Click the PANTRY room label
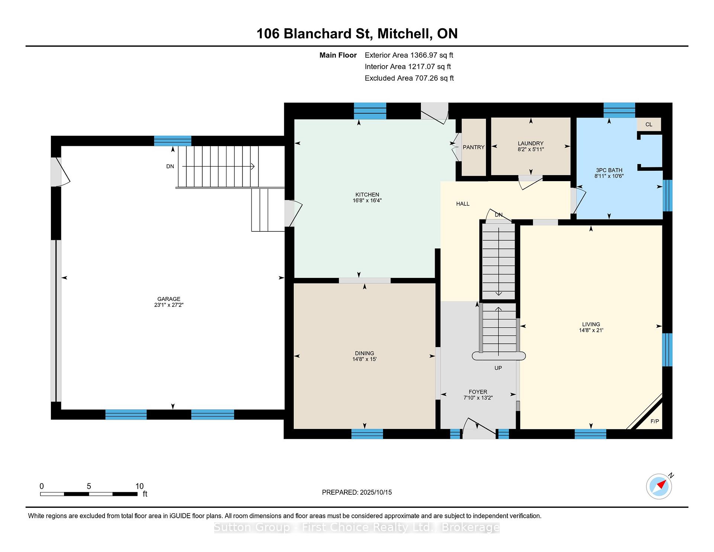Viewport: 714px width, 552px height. [x=473, y=147]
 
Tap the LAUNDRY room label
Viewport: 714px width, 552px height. [x=531, y=143]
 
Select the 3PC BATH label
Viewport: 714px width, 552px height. [x=609, y=170]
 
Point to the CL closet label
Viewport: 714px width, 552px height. [x=649, y=124]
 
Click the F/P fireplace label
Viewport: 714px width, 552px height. [x=654, y=421]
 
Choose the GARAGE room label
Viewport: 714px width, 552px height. [x=169, y=299]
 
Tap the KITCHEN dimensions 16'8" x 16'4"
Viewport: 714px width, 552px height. [x=367, y=200]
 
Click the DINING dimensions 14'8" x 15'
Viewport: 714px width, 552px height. [x=364, y=359]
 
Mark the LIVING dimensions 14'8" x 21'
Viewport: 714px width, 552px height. [x=591, y=330]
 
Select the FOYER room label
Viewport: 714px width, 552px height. [x=478, y=392]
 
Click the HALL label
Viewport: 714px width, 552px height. [x=463, y=204]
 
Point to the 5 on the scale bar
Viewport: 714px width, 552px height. [x=89, y=486]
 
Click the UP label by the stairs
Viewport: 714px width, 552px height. [x=498, y=368]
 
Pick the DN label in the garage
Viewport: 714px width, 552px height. [x=170, y=166]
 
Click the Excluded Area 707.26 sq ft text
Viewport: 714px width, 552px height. [x=409, y=78]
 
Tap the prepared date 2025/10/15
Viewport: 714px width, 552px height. [x=376, y=492]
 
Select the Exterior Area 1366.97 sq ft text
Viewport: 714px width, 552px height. [x=409, y=55]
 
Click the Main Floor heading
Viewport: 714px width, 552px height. [x=338, y=55]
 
